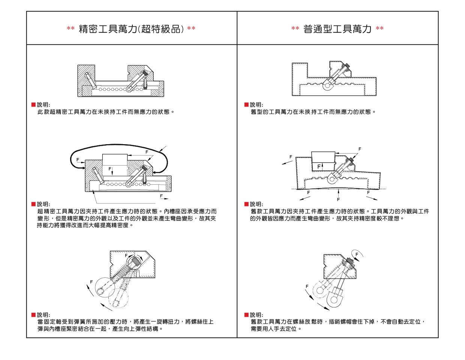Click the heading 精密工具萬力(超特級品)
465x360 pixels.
tap(131, 29)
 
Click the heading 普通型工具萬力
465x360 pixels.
tap(337, 29)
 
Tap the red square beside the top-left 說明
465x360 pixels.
tap(33, 105)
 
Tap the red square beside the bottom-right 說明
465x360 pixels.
tap(246, 315)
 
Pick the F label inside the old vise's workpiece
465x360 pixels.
tap(319, 167)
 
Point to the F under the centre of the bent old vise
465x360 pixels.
tap(338, 199)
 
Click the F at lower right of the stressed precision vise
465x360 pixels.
tap(162, 196)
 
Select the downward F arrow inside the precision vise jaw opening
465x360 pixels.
tap(112, 172)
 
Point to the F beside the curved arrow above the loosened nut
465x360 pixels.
tap(357, 255)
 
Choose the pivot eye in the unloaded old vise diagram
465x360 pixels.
tap(327, 86)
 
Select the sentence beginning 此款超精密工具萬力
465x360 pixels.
tap(106, 112)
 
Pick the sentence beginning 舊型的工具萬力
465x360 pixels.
tap(313, 112)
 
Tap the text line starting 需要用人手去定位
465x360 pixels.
tap(276, 329)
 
